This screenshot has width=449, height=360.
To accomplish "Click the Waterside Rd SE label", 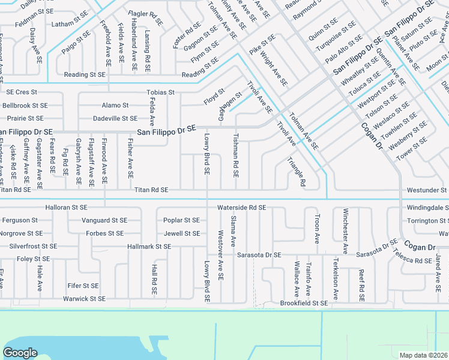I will (241, 207).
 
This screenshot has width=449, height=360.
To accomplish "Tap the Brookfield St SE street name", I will (304, 304).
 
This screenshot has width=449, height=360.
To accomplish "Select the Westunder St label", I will (427, 190).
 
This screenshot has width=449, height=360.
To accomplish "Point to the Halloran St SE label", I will (67, 207).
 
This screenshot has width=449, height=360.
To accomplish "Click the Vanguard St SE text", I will (104, 220).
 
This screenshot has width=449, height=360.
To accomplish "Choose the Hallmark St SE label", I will (149, 247).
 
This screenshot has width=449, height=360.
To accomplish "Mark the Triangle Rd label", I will (296, 172).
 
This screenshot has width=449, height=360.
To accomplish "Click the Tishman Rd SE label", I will (235, 155).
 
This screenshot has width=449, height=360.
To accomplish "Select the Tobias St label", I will (160, 92).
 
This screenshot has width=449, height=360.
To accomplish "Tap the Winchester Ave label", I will (345, 231).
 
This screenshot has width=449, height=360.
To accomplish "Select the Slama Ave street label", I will (234, 231).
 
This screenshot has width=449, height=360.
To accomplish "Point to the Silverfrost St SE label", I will (33, 246).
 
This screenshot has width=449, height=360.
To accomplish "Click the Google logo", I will (20, 353).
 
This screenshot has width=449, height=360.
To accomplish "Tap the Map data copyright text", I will (424, 355).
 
